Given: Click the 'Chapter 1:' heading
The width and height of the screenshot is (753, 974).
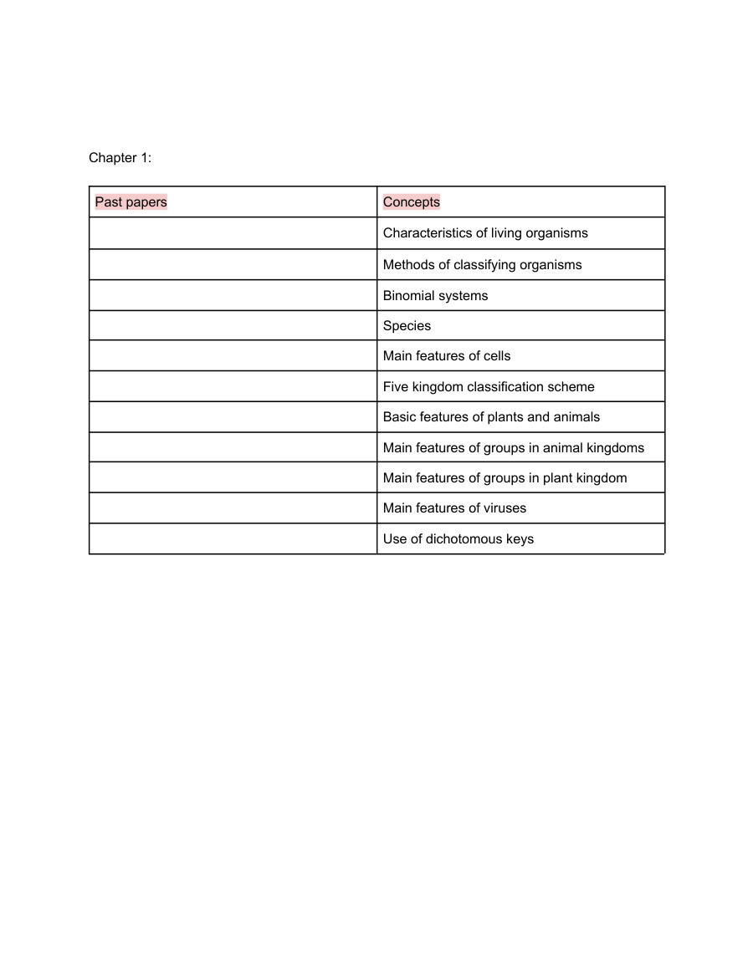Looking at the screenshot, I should point(120,158).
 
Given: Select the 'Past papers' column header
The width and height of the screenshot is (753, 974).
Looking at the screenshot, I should point(131,201).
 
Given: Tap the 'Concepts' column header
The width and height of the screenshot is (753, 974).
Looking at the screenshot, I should point(412,201).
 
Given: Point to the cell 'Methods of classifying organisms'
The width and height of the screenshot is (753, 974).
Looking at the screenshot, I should point(482,265).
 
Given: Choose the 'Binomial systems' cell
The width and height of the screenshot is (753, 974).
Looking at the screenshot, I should point(435,296).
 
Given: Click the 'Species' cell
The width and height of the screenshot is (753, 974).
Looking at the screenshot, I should point(407,326).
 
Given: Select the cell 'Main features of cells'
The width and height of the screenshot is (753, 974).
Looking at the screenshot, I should point(447,356).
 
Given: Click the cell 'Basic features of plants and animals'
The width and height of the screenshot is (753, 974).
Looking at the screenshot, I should point(491,417).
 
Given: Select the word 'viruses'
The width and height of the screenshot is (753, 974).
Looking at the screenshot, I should point(504,508).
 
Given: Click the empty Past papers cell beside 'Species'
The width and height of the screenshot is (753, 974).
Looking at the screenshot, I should point(233,326).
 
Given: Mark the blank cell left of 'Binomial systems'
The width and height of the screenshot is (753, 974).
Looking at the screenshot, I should point(233,296).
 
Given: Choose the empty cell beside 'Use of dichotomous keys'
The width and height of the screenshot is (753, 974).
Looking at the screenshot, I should point(233,539).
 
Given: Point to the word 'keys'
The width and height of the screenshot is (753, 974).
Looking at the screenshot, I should point(519,539).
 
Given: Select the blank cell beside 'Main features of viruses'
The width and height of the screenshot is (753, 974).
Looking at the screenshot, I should point(233,508).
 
